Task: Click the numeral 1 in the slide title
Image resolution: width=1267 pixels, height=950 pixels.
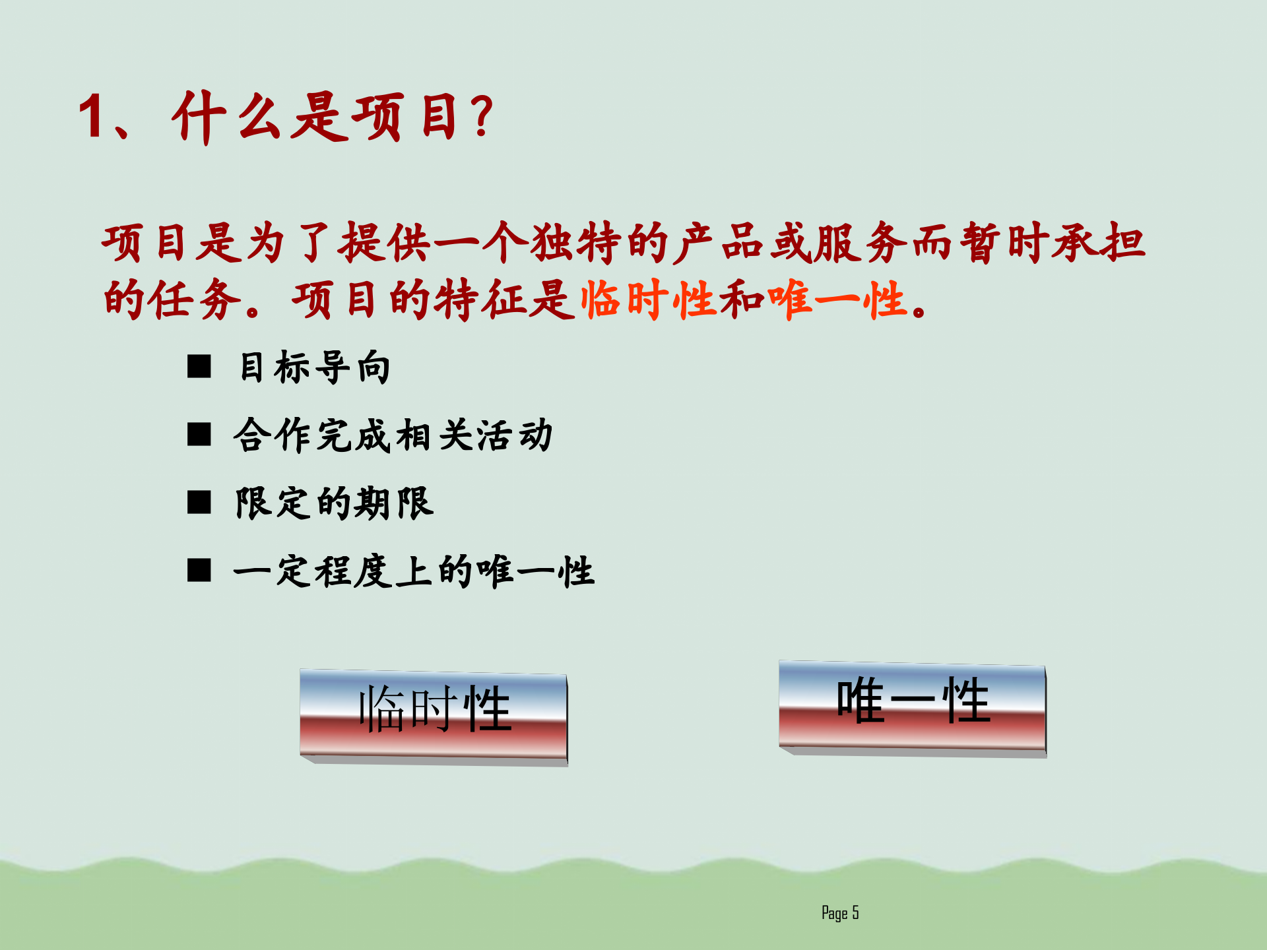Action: click(92, 116)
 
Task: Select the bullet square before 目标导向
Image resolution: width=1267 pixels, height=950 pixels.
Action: click(199, 366)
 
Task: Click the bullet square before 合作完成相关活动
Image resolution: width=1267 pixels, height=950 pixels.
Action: click(199, 435)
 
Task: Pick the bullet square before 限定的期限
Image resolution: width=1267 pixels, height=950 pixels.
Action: click(199, 503)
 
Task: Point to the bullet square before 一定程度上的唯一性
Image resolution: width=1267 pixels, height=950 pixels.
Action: click(199, 571)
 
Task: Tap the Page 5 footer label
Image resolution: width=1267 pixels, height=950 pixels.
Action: click(840, 913)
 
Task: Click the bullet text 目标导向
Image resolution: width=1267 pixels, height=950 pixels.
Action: click(314, 367)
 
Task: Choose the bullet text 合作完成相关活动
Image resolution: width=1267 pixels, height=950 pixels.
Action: click(393, 435)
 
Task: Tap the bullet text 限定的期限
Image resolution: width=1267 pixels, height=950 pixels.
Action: click(335, 503)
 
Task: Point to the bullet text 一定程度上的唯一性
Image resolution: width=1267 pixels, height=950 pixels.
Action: click(414, 571)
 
